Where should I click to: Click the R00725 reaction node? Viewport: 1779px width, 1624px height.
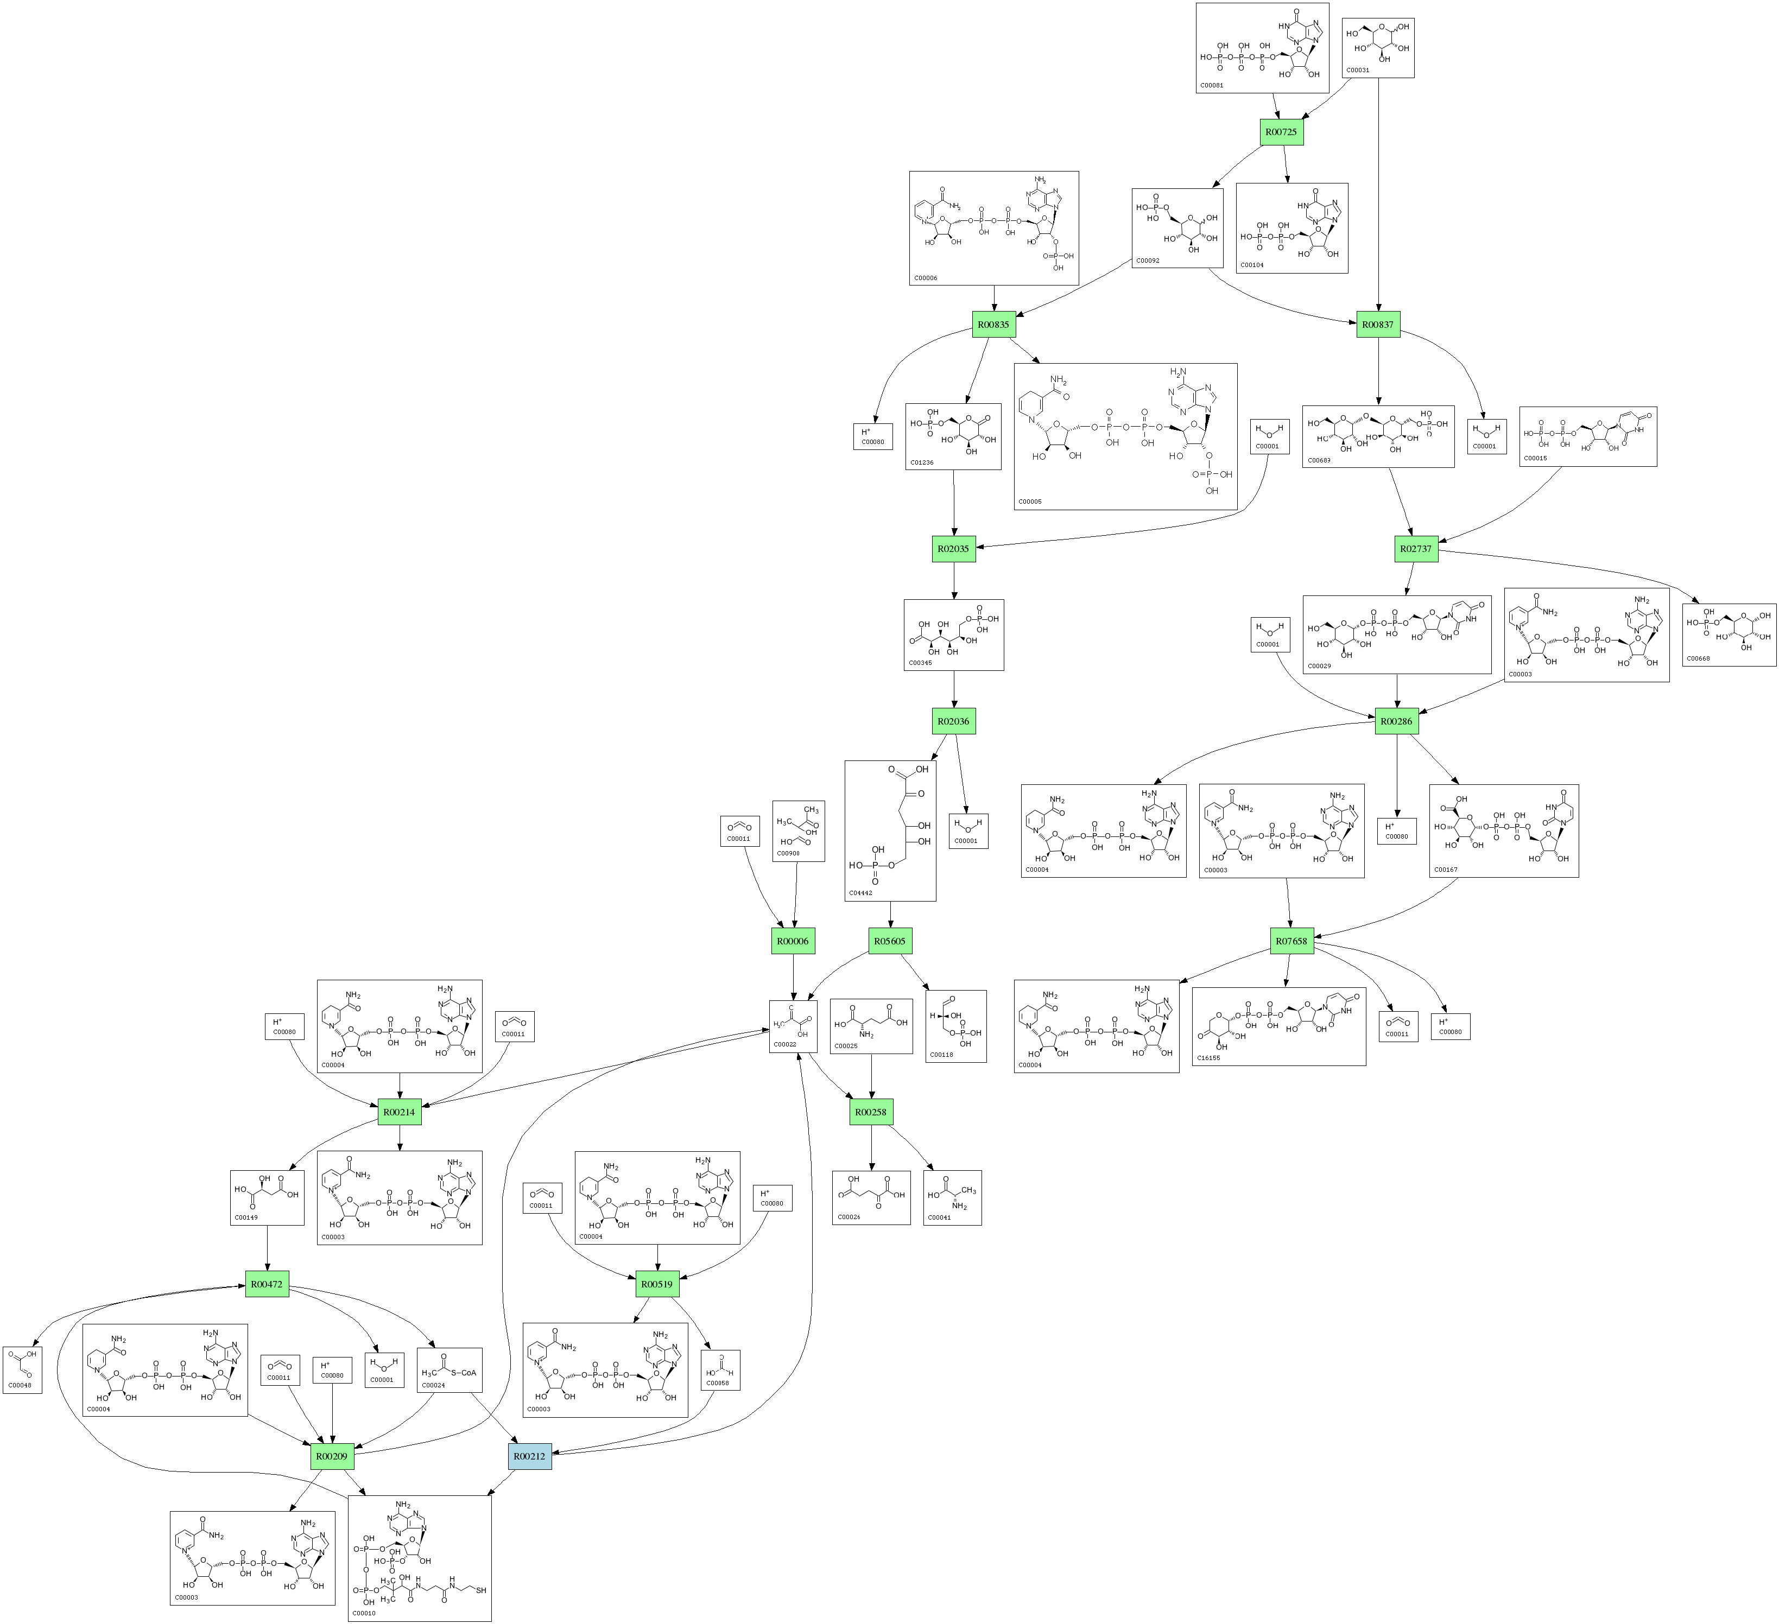(1281, 132)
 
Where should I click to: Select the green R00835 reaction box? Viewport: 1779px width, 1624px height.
(993, 325)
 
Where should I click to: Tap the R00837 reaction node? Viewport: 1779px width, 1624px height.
(1377, 325)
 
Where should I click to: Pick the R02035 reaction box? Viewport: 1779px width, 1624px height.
(953, 549)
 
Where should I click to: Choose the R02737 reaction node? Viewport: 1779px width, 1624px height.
(1415, 549)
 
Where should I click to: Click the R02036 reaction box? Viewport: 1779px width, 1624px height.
(953, 721)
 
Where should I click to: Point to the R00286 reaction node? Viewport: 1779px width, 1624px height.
(1396, 721)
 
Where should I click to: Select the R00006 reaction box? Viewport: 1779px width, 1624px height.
(793, 941)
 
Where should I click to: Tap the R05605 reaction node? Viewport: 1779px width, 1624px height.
(889, 941)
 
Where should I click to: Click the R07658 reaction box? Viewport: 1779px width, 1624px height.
(1292, 941)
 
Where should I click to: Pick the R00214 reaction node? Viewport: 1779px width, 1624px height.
(399, 1112)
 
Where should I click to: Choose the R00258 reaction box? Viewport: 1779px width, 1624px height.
(871, 1112)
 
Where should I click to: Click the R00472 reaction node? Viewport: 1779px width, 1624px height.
(267, 1284)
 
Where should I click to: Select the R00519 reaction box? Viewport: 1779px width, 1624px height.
(657, 1284)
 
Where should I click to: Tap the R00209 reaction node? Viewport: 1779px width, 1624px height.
(332, 1456)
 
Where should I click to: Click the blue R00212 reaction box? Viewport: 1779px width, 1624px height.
(529, 1456)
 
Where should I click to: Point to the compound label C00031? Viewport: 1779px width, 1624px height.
(1357, 69)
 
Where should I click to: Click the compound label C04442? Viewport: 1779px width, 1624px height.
(860, 893)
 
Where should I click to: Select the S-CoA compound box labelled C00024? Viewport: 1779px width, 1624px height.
(449, 1370)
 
